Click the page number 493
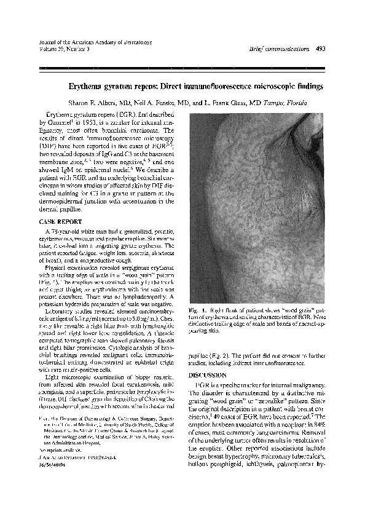click(x=319, y=49)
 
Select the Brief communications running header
click(x=277, y=49)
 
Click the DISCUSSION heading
click(x=210, y=374)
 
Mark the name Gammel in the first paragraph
click(x=54, y=123)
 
